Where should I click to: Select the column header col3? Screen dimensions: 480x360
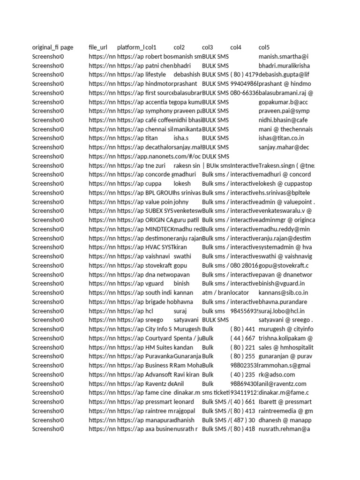pyautogui.click(x=208, y=47)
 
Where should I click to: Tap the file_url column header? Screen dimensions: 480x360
pyautogui.click(x=97, y=47)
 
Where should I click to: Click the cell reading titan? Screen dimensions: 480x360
pyautogui.click(x=152, y=138)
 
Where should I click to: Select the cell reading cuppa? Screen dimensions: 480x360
pyautogui.click(x=153, y=184)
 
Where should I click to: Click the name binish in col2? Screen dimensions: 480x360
pyautogui.click(x=181, y=284)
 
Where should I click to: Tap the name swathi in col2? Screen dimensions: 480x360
pyautogui.click(x=182, y=256)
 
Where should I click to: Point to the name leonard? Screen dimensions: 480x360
pyautogui.click(x=184, y=402)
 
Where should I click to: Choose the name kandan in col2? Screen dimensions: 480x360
pyautogui.click(x=183, y=347)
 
